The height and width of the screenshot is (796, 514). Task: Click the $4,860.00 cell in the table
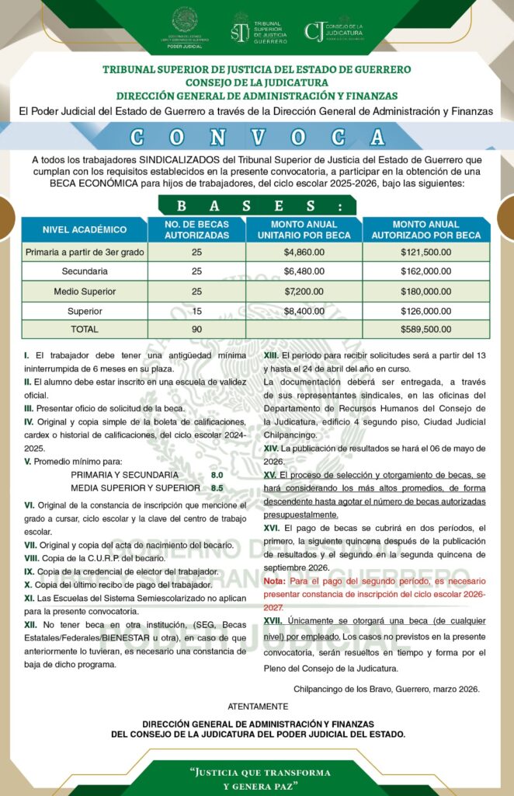(x=304, y=253)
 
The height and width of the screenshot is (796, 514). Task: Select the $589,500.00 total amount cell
(x=425, y=329)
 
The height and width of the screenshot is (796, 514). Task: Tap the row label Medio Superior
(x=85, y=292)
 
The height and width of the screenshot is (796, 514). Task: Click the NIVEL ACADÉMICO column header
(x=85, y=229)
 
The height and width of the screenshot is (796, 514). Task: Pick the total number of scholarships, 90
(x=196, y=329)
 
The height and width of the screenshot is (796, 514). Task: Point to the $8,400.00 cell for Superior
(x=304, y=310)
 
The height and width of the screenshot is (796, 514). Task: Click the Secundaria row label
(x=85, y=271)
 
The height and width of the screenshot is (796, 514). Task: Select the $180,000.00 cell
(x=425, y=292)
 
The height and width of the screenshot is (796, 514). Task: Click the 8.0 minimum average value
(x=217, y=475)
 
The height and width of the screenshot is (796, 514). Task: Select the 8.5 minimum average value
(x=217, y=488)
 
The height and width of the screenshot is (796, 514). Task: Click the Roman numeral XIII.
(x=270, y=355)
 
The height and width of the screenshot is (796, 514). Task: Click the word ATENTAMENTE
(x=257, y=706)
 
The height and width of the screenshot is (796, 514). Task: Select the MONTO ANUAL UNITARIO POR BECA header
(x=304, y=229)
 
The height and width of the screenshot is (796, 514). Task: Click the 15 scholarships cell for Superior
(x=196, y=310)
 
